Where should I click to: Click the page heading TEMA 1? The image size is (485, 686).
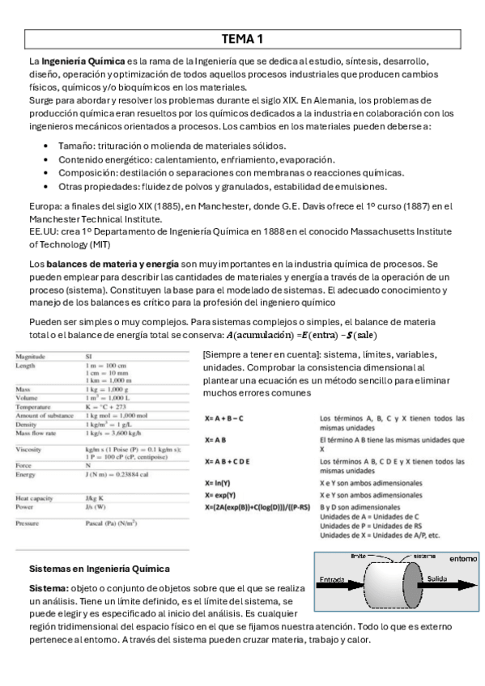tap(242, 38)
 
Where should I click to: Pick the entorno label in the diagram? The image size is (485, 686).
tap(462, 558)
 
